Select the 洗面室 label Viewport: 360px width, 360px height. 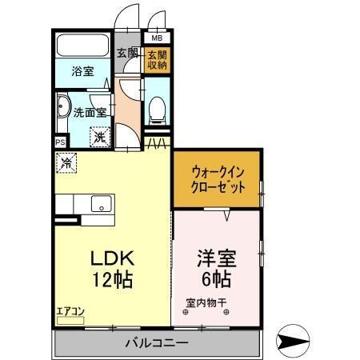89,113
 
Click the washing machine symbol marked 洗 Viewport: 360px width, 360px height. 100,137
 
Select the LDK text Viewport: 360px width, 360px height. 110,261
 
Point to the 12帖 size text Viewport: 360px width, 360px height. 110,281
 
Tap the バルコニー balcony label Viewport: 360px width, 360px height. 157,343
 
